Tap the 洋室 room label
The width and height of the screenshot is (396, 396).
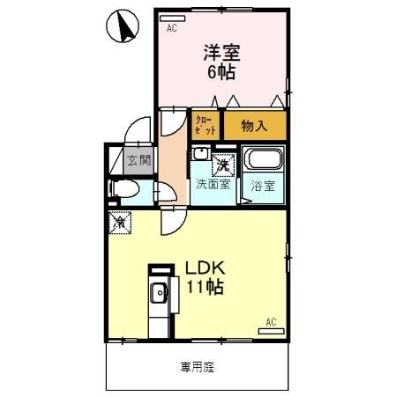coord(222,54)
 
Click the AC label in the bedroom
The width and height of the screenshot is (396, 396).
coord(171,28)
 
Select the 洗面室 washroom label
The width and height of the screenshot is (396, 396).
coord(213,185)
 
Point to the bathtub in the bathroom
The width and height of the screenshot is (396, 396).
coord(263,161)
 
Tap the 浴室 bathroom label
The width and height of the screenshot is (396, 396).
coord(263,186)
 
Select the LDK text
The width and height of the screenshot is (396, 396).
coord(205,268)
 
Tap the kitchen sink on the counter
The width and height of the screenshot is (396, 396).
coord(158,294)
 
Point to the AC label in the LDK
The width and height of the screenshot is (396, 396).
coord(272,322)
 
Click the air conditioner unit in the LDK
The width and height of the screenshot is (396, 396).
coord(273,332)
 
